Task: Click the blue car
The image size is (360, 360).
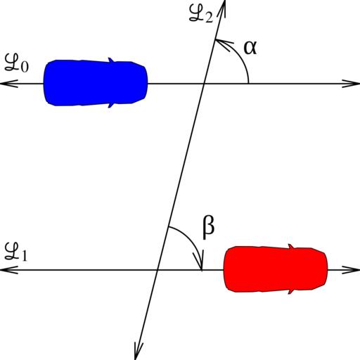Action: coord(96,83)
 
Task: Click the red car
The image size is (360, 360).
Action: coord(276,269)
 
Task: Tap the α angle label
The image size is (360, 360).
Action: coord(250,48)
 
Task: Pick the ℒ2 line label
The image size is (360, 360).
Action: coord(201,14)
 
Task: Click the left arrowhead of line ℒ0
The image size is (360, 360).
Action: coord(9,84)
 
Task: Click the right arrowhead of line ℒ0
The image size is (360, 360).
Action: coord(351,84)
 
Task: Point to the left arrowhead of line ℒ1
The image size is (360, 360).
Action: coord(9,270)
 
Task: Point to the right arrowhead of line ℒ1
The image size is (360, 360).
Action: coord(351,270)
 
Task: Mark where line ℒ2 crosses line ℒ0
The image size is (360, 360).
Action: coord(203,84)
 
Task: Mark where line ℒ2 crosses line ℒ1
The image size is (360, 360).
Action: coord(157,270)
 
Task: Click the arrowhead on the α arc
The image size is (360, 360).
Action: coord(223,44)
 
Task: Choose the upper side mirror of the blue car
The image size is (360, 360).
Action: coord(111,60)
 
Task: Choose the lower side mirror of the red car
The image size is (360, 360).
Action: coord(291,292)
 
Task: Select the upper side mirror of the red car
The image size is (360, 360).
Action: coord(291,247)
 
